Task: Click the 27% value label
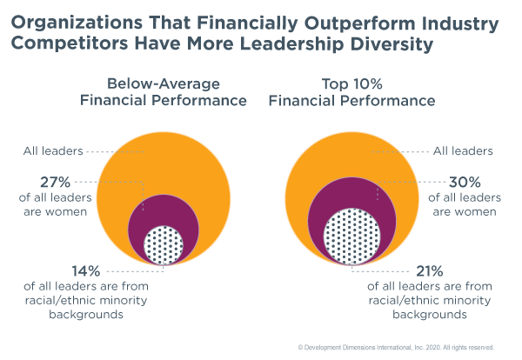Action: tap(57, 183)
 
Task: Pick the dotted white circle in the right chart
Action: tap(352, 236)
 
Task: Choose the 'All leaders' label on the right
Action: tap(463, 150)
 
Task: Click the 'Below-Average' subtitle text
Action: tap(164, 83)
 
